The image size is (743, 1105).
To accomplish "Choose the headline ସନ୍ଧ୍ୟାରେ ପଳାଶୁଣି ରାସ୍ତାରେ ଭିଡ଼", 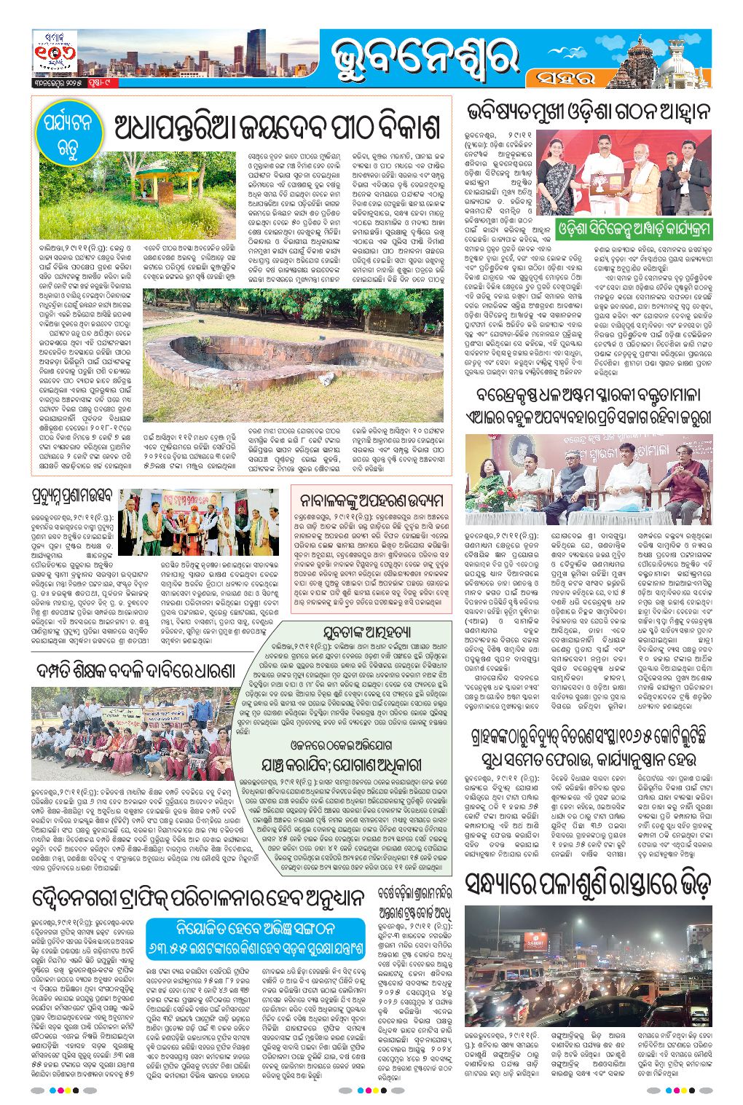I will click(x=588, y=884).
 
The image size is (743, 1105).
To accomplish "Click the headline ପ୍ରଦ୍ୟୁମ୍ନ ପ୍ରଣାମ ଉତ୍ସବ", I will click(x=73, y=499).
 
